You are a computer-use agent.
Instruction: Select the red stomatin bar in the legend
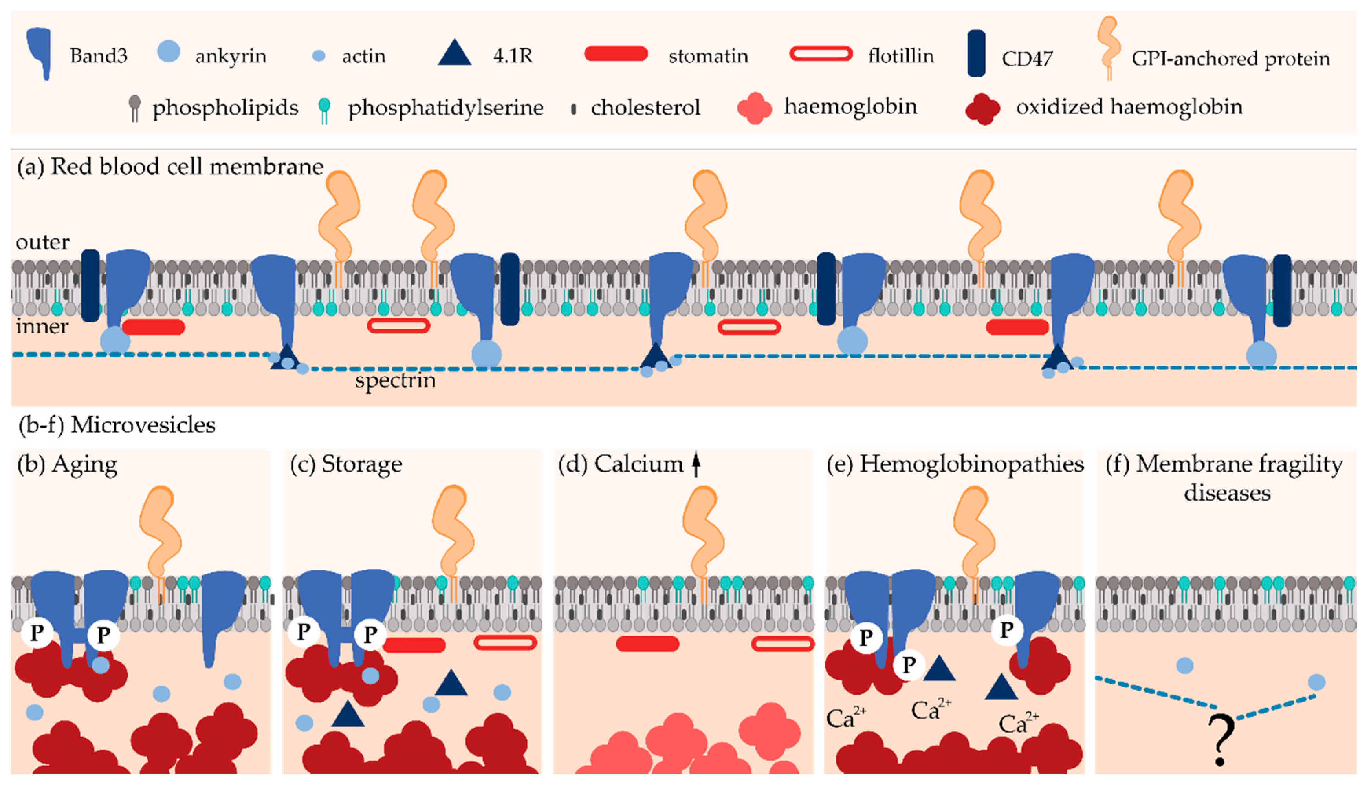click(616, 53)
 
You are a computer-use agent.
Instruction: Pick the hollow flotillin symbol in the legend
click(821, 53)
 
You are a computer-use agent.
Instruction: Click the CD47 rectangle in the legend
click(976, 53)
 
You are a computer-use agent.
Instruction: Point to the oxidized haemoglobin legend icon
click(982, 109)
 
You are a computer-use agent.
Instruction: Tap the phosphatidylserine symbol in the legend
click(324, 109)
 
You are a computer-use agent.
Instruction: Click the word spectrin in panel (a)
click(395, 380)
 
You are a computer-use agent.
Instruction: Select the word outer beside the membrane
click(42, 242)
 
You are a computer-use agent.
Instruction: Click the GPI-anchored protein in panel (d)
click(703, 530)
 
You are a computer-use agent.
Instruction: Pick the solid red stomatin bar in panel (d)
click(647, 644)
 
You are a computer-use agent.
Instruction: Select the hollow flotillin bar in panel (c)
click(505, 642)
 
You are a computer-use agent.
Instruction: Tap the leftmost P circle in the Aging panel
click(37, 632)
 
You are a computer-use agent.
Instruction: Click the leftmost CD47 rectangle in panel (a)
click(90, 285)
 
